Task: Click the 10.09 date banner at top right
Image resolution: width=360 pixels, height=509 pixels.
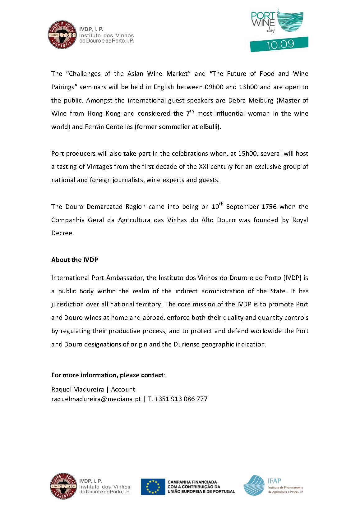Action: point(279,44)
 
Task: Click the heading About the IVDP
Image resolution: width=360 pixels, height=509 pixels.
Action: point(75,260)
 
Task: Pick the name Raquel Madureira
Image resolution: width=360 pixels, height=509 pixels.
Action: point(77,389)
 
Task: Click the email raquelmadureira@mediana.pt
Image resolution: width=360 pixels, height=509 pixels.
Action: point(96,399)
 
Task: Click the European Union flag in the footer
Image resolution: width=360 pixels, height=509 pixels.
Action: point(153,486)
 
